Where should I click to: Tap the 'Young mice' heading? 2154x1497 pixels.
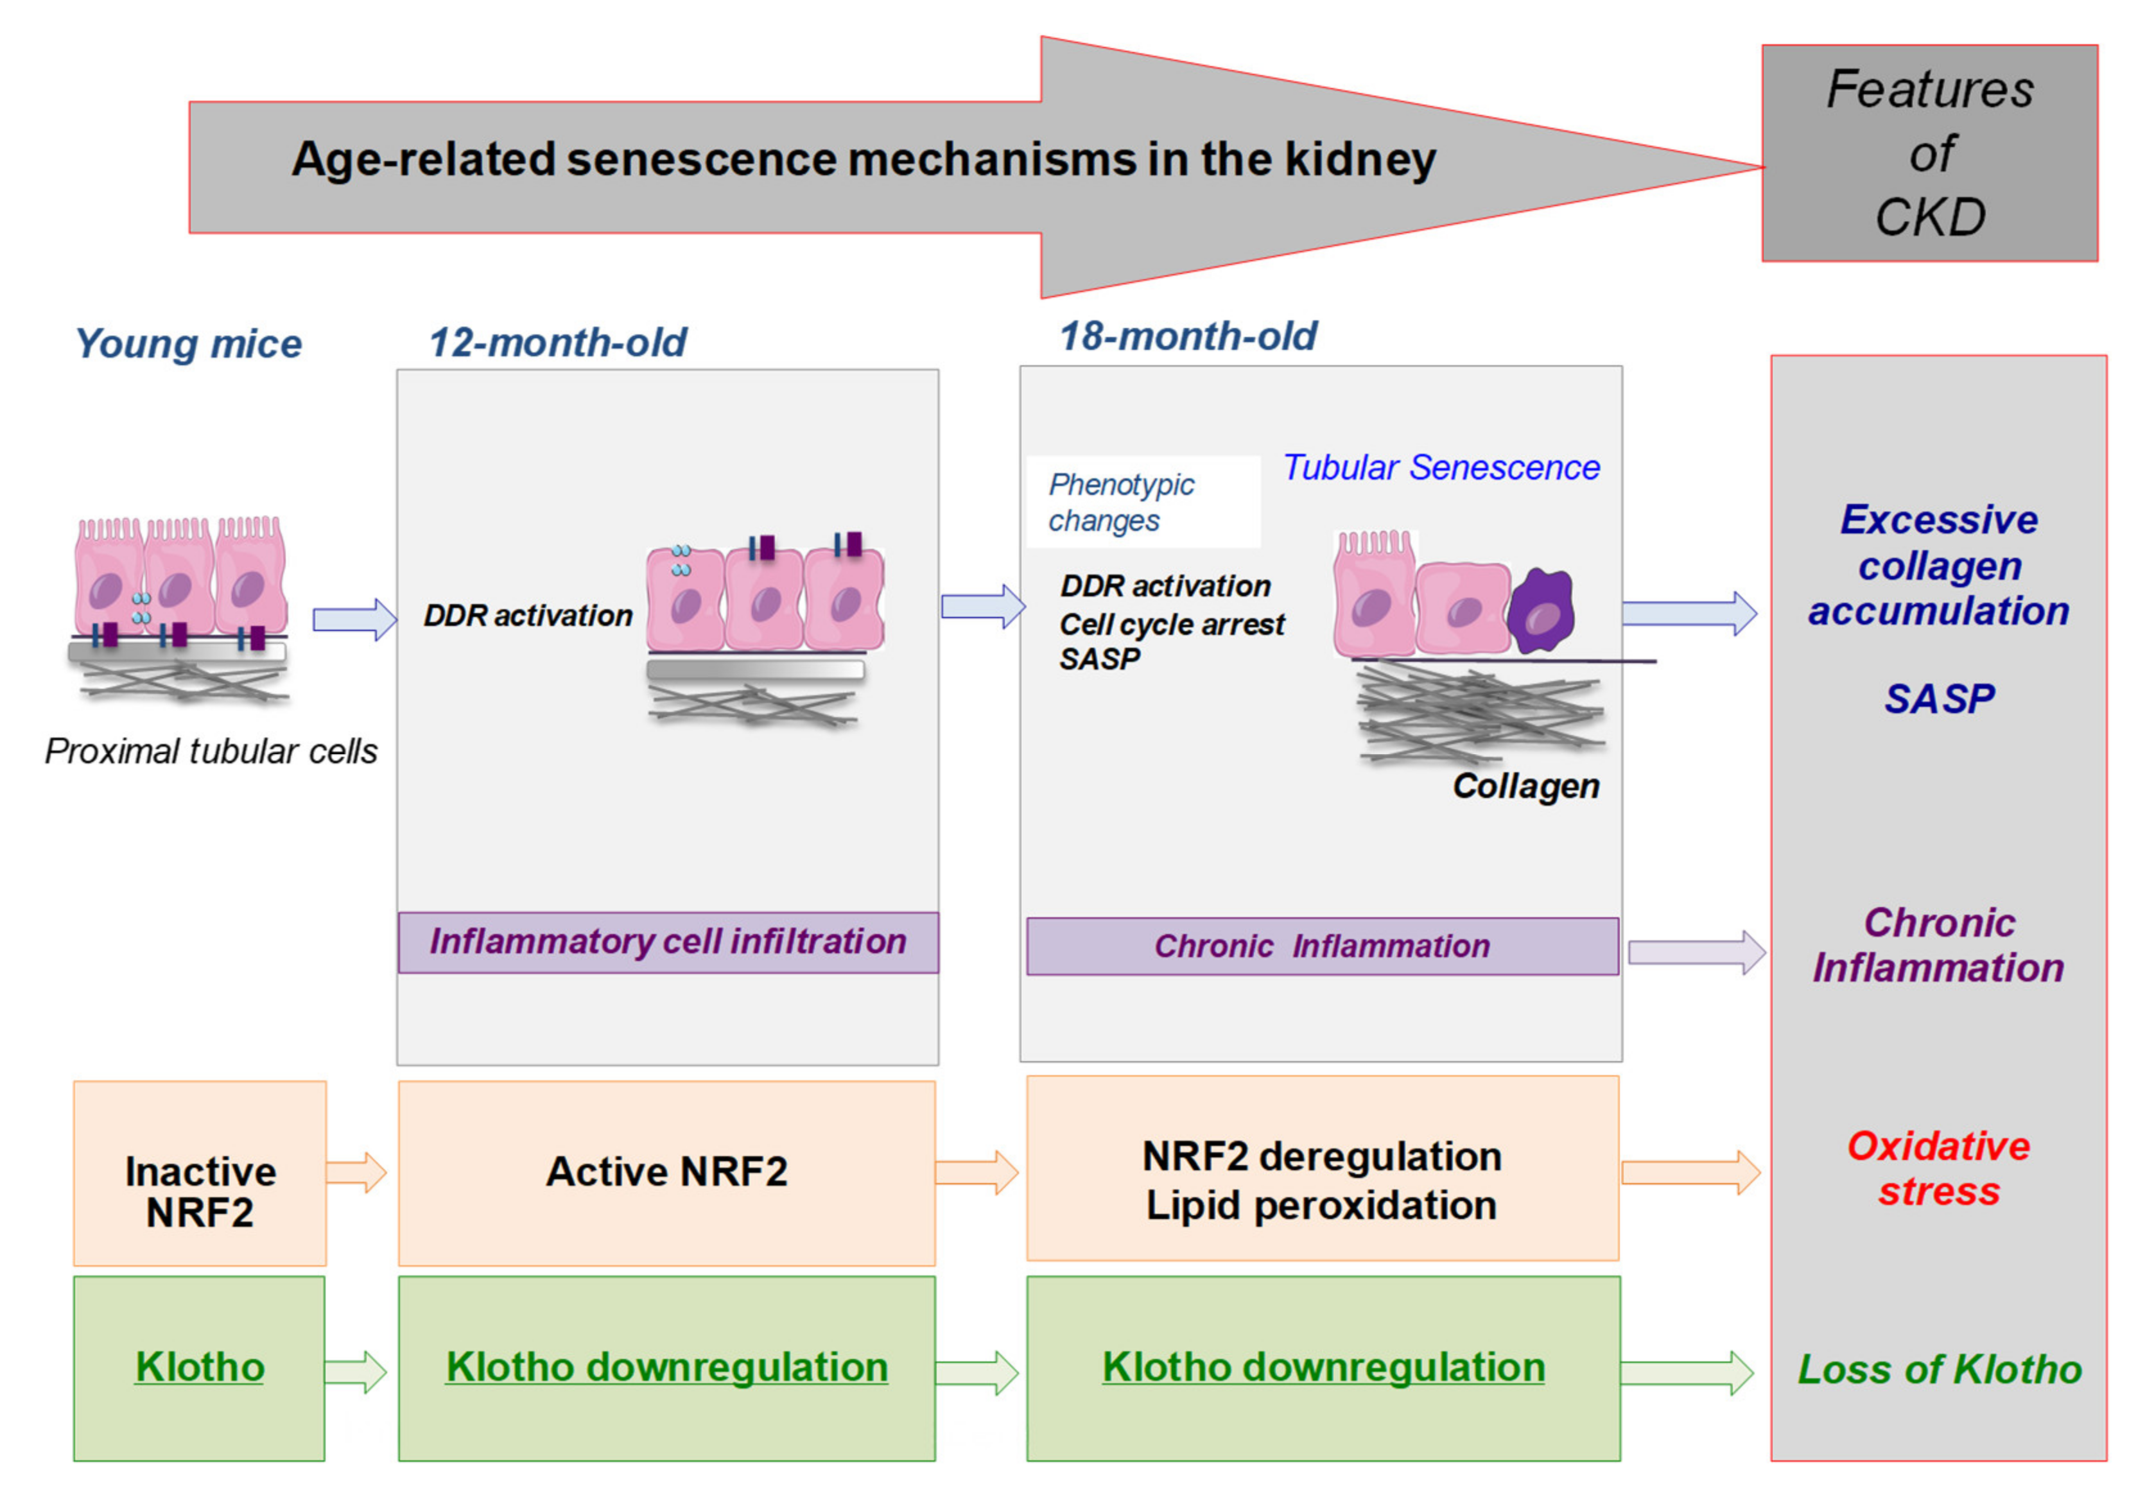(x=189, y=344)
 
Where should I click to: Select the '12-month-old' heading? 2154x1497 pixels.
(x=557, y=342)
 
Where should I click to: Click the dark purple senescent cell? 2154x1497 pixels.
(x=1542, y=612)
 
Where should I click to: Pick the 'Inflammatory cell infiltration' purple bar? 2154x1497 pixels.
(x=667, y=942)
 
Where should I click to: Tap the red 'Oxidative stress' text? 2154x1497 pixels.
(x=1938, y=1169)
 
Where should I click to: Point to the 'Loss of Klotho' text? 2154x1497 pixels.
(x=1938, y=1369)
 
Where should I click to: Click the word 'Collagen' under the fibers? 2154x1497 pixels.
(x=1525, y=786)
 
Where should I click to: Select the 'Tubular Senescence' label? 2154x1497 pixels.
(x=1440, y=467)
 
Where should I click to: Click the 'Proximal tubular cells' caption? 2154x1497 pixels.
(x=211, y=751)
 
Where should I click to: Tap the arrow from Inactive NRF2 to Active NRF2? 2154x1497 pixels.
(x=356, y=1172)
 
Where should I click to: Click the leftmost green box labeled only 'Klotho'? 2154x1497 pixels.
(x=200, y=1367)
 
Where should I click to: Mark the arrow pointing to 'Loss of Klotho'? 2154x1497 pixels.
(x=1686, y=1373)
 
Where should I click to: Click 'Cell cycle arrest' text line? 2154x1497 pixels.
(x=1171, y=624)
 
